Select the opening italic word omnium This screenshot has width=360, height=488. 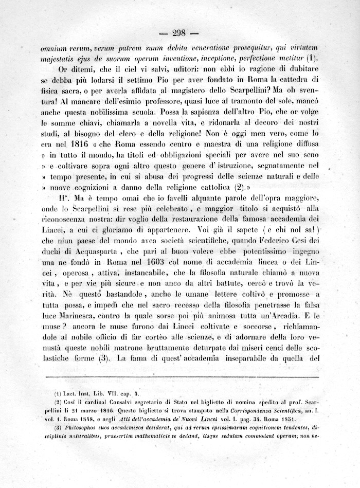(55, 47)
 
